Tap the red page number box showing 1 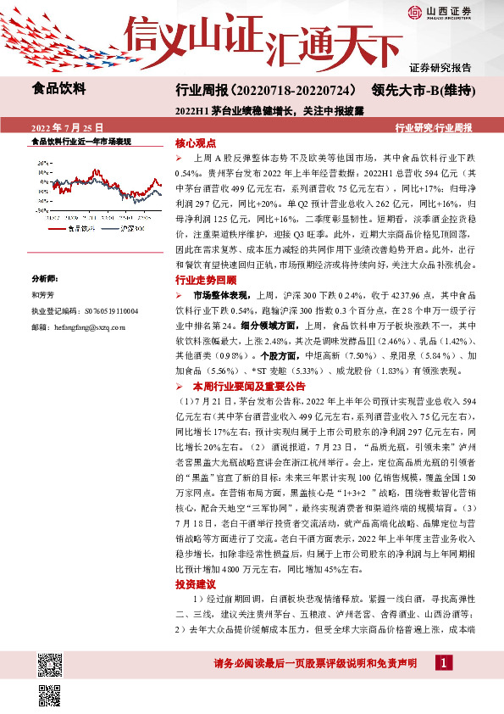442,662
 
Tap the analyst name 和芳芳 42,294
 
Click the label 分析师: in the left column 43,278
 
